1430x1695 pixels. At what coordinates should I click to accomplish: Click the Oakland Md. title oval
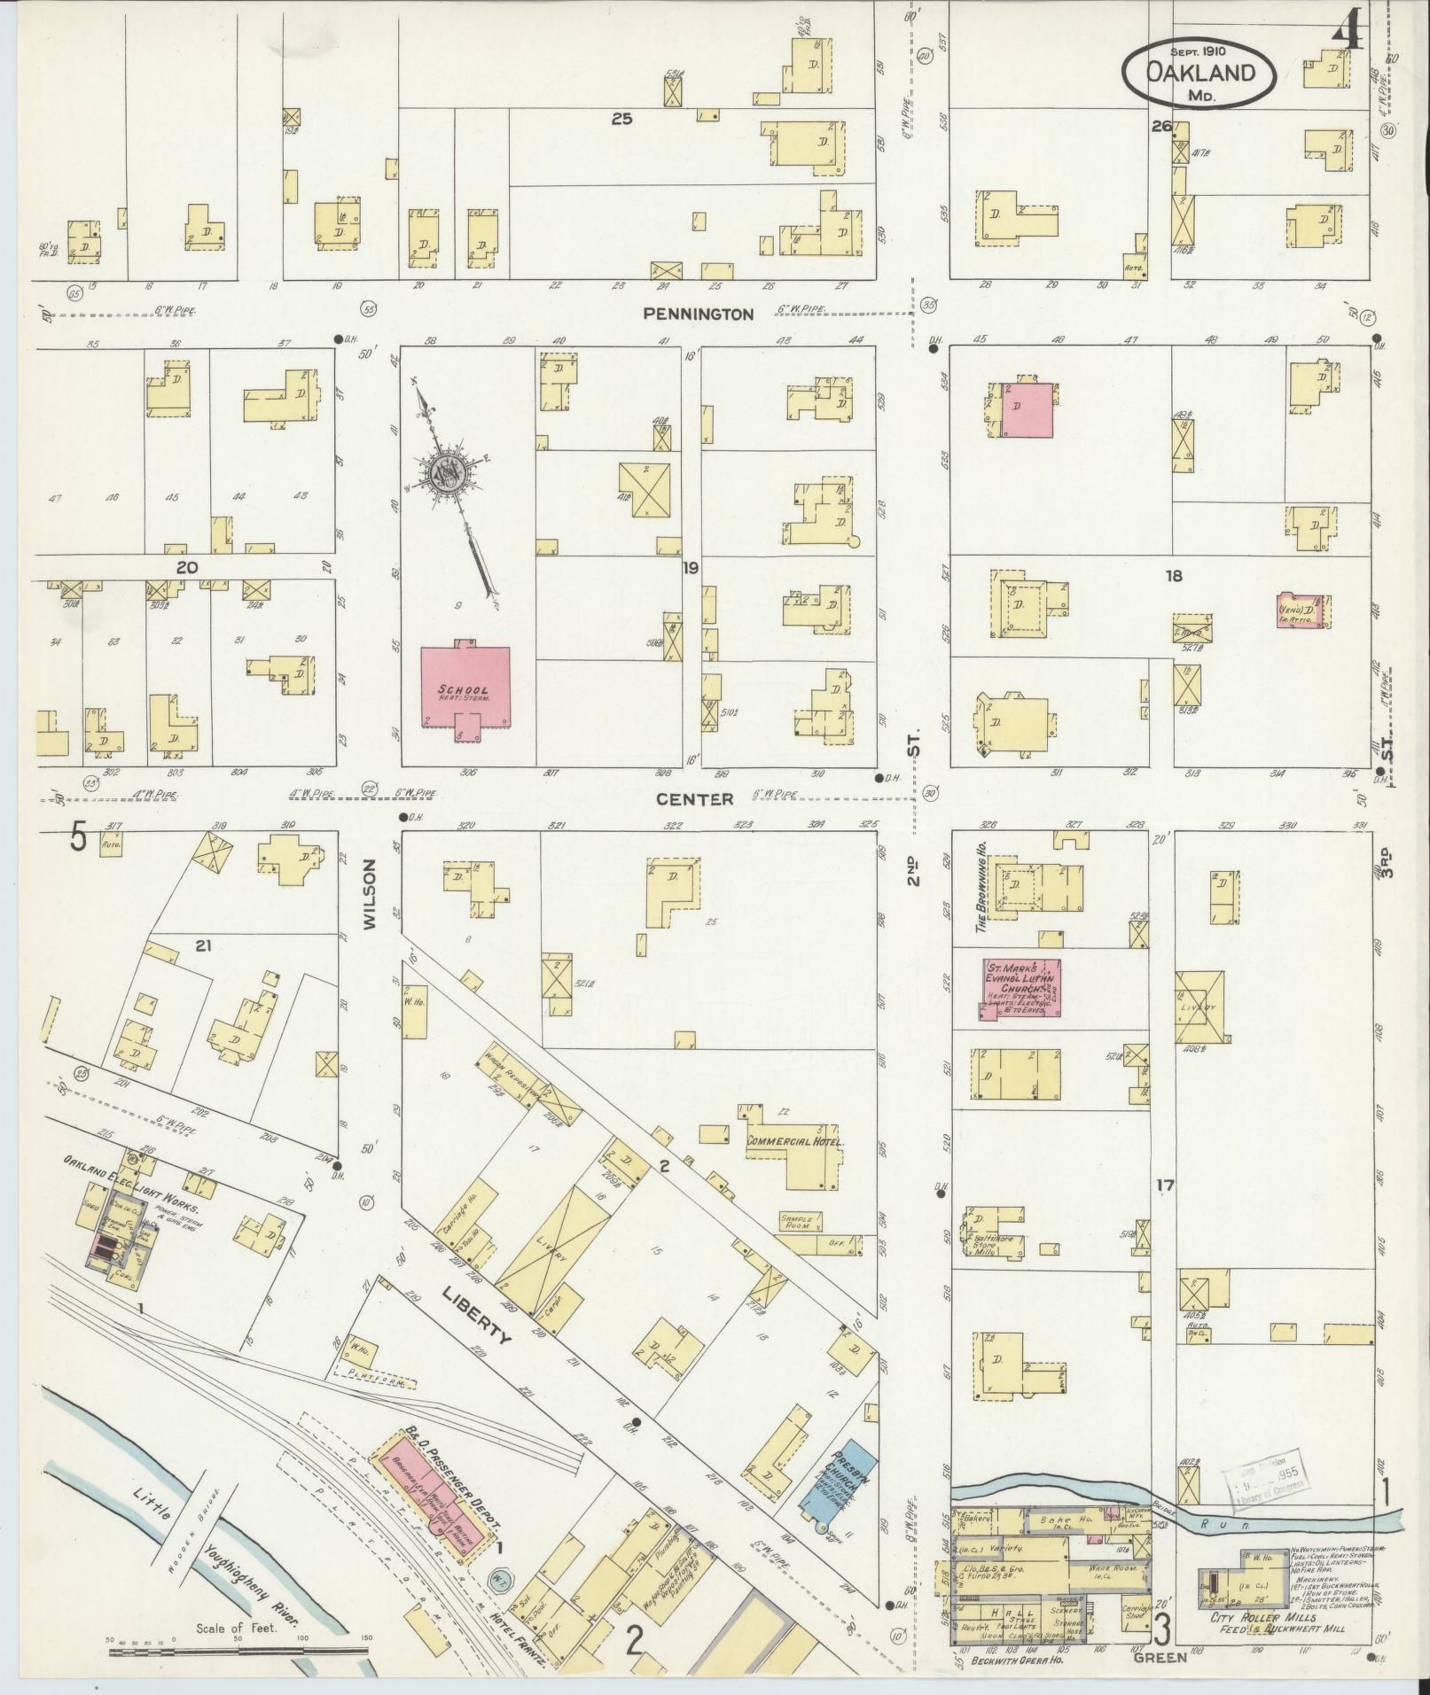click(x=1200, y=74)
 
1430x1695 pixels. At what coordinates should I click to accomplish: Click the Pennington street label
click(x=699, y=314)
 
